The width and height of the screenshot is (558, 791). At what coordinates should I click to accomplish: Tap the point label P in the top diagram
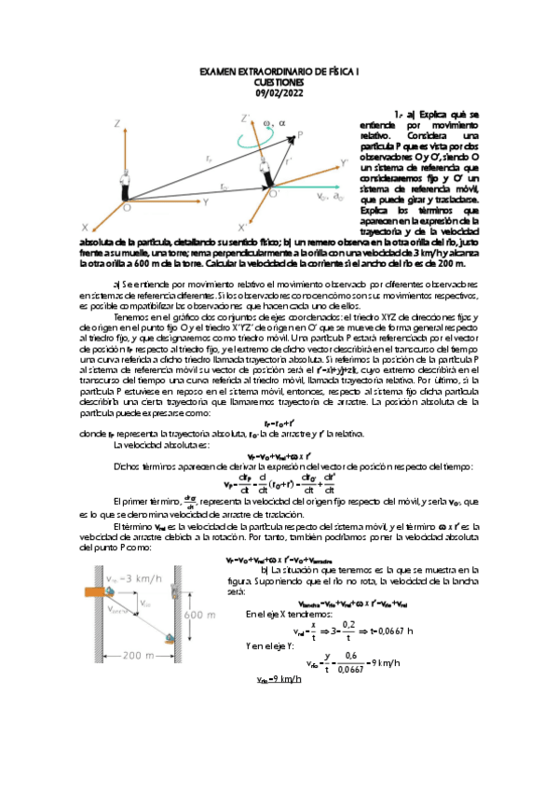coord(300,135)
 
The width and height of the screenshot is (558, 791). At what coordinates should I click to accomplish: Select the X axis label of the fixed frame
coord(85,227)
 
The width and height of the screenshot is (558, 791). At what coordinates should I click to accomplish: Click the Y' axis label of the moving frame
coord(345,163)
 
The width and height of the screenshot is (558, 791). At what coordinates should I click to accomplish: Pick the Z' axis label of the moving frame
coord(245,118)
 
